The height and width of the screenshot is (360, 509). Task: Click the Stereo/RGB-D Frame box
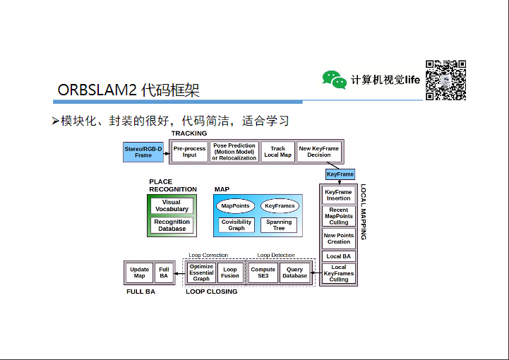(x=143, y=152)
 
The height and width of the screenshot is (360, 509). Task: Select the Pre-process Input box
(x=189, y=152)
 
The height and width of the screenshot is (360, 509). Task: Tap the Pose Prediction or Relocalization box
(x=234, y=152)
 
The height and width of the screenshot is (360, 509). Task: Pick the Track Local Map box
(x=277, y=152)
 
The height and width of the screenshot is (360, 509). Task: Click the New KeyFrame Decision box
(x=318, y=152)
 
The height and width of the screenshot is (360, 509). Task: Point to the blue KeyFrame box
(x=340, y=174)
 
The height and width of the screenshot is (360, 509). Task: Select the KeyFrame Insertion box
(x=339, y=195)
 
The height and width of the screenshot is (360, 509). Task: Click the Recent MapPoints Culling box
(x=339, y=216)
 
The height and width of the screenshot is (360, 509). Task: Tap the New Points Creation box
(x=339, y=238)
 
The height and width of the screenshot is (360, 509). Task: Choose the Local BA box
(x=339, y=256)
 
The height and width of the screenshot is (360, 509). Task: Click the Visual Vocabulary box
(x=172, y=205)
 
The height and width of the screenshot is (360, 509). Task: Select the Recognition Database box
(x=172, y=225)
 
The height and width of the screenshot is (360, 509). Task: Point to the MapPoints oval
(x=236, y=206)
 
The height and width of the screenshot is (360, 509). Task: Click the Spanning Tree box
(x=279, y=225)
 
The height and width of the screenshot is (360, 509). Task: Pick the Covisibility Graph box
(x=236, y=225)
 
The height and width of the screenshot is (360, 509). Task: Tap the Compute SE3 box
(x=263, y=272)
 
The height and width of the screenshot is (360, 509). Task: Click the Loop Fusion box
(x=230, y=272)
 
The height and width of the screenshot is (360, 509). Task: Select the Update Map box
(x=140, y=272)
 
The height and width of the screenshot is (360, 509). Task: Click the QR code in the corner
(x=445, y=80)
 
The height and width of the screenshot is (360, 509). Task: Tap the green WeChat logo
(x=335, y=79)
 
